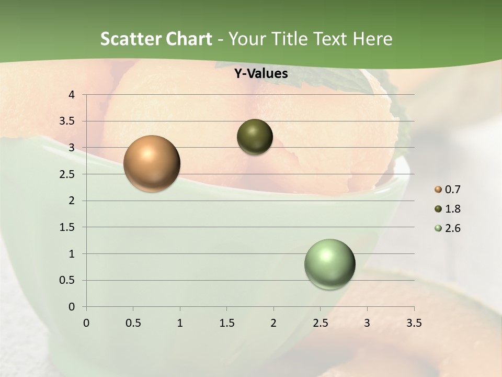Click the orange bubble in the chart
click(152, 163)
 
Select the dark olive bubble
click(255, 137)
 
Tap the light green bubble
click(329, 264)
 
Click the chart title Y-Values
click(260, 74)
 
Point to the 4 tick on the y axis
click(72, 95)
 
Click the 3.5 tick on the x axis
click(414, 323)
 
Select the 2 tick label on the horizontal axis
click(273, 323)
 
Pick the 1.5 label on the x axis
click(226, 323)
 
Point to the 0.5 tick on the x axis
click(133, 323)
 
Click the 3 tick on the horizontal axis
click(367, 323)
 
